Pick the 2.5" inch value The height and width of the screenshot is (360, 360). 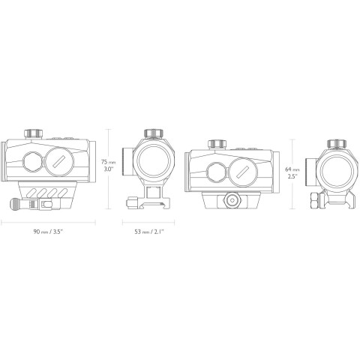coord(292,178)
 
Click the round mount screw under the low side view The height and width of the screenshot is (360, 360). coord(230,199)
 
